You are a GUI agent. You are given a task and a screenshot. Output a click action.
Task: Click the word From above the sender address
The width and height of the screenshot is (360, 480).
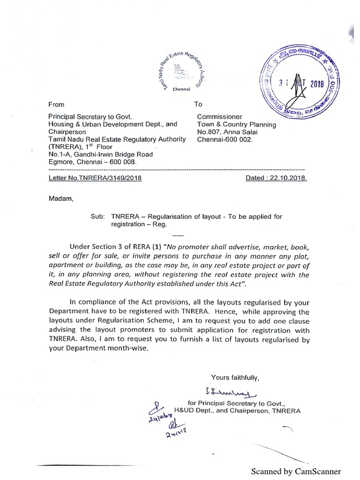(56, 104)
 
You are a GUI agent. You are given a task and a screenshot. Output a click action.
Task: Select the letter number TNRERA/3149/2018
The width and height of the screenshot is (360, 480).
(95, 178)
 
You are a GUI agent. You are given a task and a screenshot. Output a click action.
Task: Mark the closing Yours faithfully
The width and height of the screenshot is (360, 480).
(235, 377)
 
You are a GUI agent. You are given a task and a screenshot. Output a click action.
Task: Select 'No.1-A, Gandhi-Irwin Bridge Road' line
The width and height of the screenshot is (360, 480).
(100, 154)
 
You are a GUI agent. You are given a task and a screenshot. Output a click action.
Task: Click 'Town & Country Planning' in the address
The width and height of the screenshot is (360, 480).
(236, 124)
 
